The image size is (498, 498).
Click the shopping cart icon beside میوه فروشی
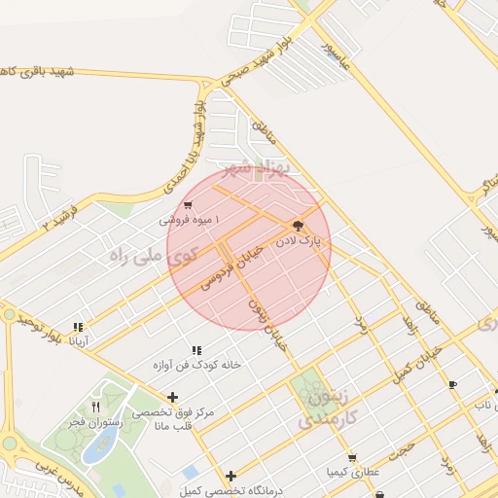point(187,205)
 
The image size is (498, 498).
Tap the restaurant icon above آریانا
point(77,327)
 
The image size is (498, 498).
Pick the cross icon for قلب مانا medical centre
point(172,396)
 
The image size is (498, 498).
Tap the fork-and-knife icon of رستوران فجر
point(95,406)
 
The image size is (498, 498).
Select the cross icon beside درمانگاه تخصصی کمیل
point(231,476)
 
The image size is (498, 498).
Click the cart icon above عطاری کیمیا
point(351,458)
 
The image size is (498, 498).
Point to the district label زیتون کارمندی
point(322,409)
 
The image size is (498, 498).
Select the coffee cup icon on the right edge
point(452,385)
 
